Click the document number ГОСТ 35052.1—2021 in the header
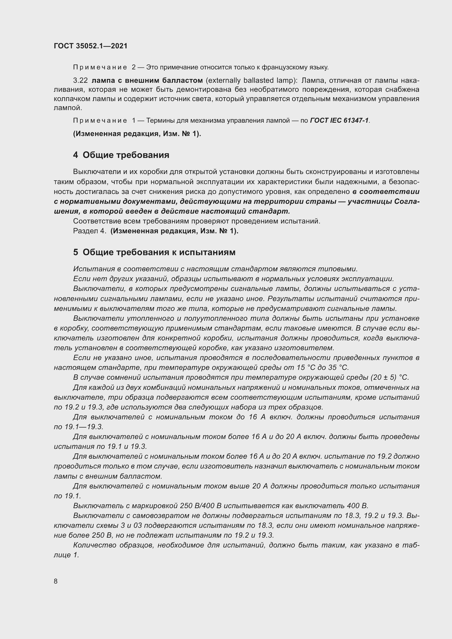90,46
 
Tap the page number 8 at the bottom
56,581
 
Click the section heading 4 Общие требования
121,155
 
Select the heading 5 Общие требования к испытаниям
154,252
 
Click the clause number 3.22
80,80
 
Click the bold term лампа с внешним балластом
147,80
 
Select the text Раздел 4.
90,231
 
